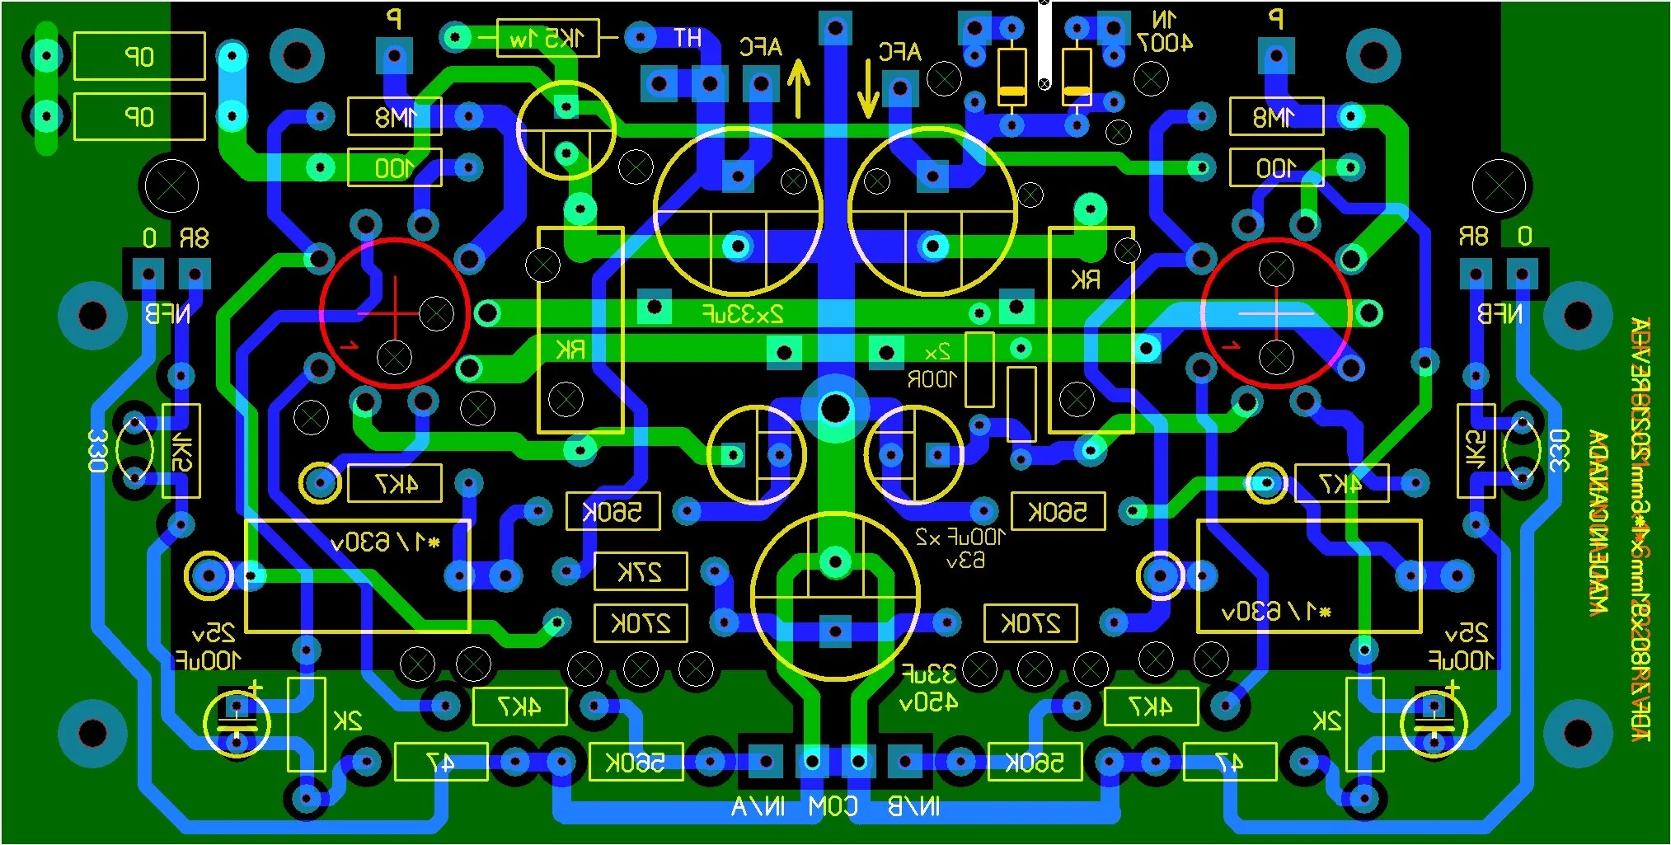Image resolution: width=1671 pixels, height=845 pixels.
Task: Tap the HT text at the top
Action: click(x=687, y=38)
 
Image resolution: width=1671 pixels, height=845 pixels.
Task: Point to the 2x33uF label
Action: click(x=743, y=314)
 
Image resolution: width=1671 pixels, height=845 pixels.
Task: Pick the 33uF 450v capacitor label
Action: click(x=928, y=688)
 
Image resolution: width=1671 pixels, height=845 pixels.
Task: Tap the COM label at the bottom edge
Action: click(x=833, y=807)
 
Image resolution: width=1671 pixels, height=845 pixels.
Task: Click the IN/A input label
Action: click(x=758, y=807)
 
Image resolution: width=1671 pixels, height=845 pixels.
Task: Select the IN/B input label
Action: click(x=913, y=807)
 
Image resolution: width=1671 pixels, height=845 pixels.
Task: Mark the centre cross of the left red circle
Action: click(x=394, y=313)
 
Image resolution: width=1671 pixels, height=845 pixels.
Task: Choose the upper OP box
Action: click(x=139, y=56)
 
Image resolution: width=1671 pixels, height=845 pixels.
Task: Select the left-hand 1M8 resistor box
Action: click(x=395, y=116)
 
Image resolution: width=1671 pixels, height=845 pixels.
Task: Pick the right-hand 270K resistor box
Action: click(x=1030, y=623)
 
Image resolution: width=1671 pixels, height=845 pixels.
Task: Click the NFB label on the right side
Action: click(x=1499, y=314)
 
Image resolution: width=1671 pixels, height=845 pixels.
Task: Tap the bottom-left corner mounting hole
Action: click(x=92, y=732)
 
